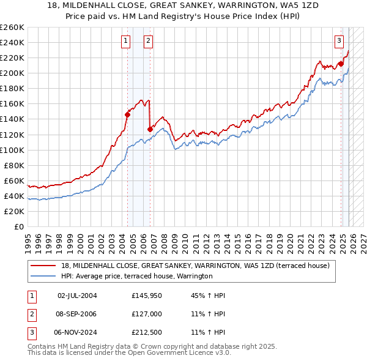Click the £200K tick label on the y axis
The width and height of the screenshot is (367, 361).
12,73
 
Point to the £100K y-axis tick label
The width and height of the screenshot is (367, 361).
12,150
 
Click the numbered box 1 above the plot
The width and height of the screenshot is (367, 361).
125,41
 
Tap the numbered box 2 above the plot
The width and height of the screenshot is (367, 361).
148,41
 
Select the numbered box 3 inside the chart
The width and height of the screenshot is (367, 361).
339,41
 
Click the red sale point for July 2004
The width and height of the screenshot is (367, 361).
127,114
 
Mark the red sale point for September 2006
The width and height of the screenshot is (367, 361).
150,128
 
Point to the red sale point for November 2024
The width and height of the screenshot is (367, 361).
341,63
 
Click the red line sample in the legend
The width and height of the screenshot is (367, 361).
44,266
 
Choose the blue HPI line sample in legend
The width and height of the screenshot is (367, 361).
44,276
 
